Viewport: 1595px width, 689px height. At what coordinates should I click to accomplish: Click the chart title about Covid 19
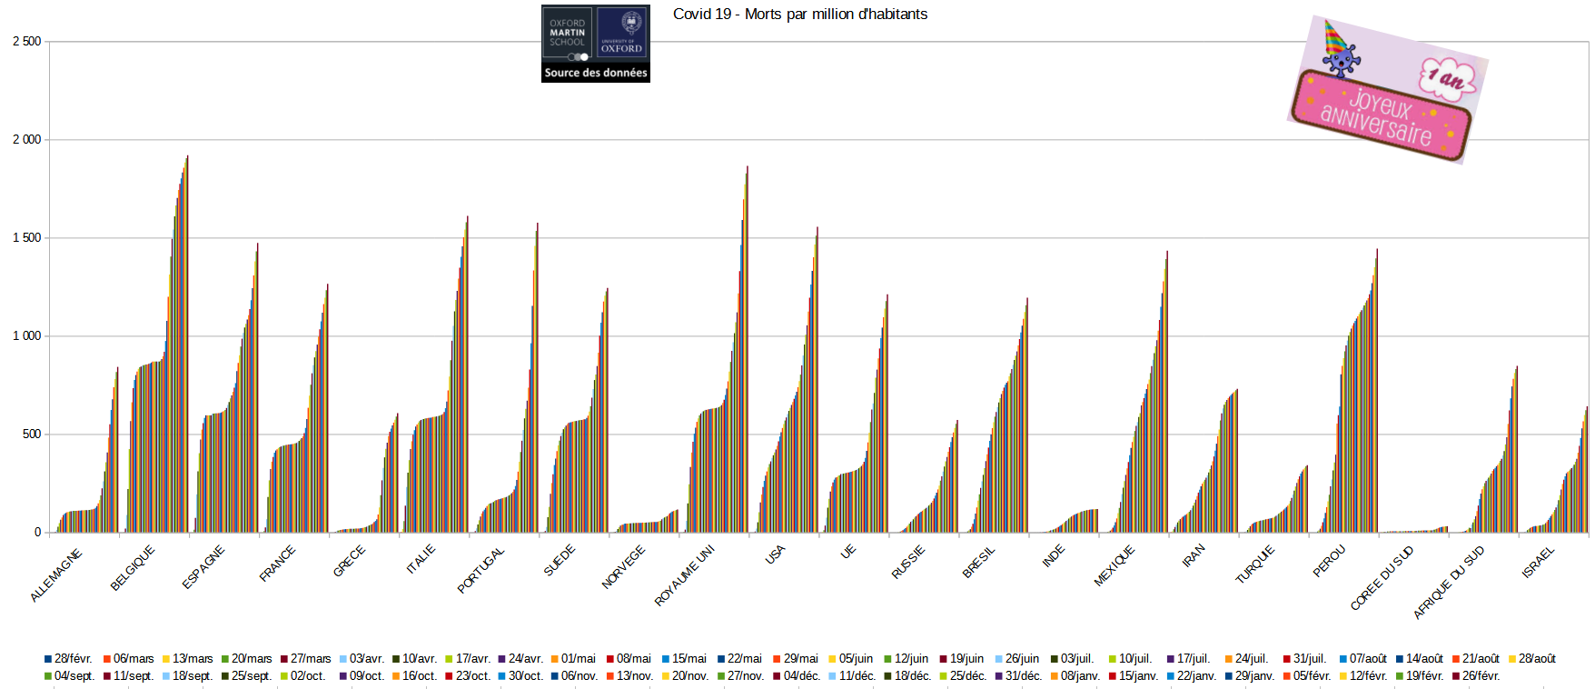(799, 15)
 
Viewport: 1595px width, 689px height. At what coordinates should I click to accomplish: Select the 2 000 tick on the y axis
(27, 139)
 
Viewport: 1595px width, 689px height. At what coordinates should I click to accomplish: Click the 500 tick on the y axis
(31, 434)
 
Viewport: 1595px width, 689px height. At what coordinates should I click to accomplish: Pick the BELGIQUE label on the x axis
(133, 568)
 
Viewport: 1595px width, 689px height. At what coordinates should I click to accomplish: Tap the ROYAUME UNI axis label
(685, 574)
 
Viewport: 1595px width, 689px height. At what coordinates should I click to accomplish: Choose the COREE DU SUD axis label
(1382, 577)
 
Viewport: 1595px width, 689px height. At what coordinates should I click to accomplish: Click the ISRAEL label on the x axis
(1539, 562)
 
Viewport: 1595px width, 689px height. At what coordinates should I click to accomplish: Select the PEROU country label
(1329, 561)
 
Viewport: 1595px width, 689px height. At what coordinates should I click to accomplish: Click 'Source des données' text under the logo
(596, 73)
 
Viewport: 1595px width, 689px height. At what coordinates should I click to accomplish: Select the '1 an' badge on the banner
(1447, 78)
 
